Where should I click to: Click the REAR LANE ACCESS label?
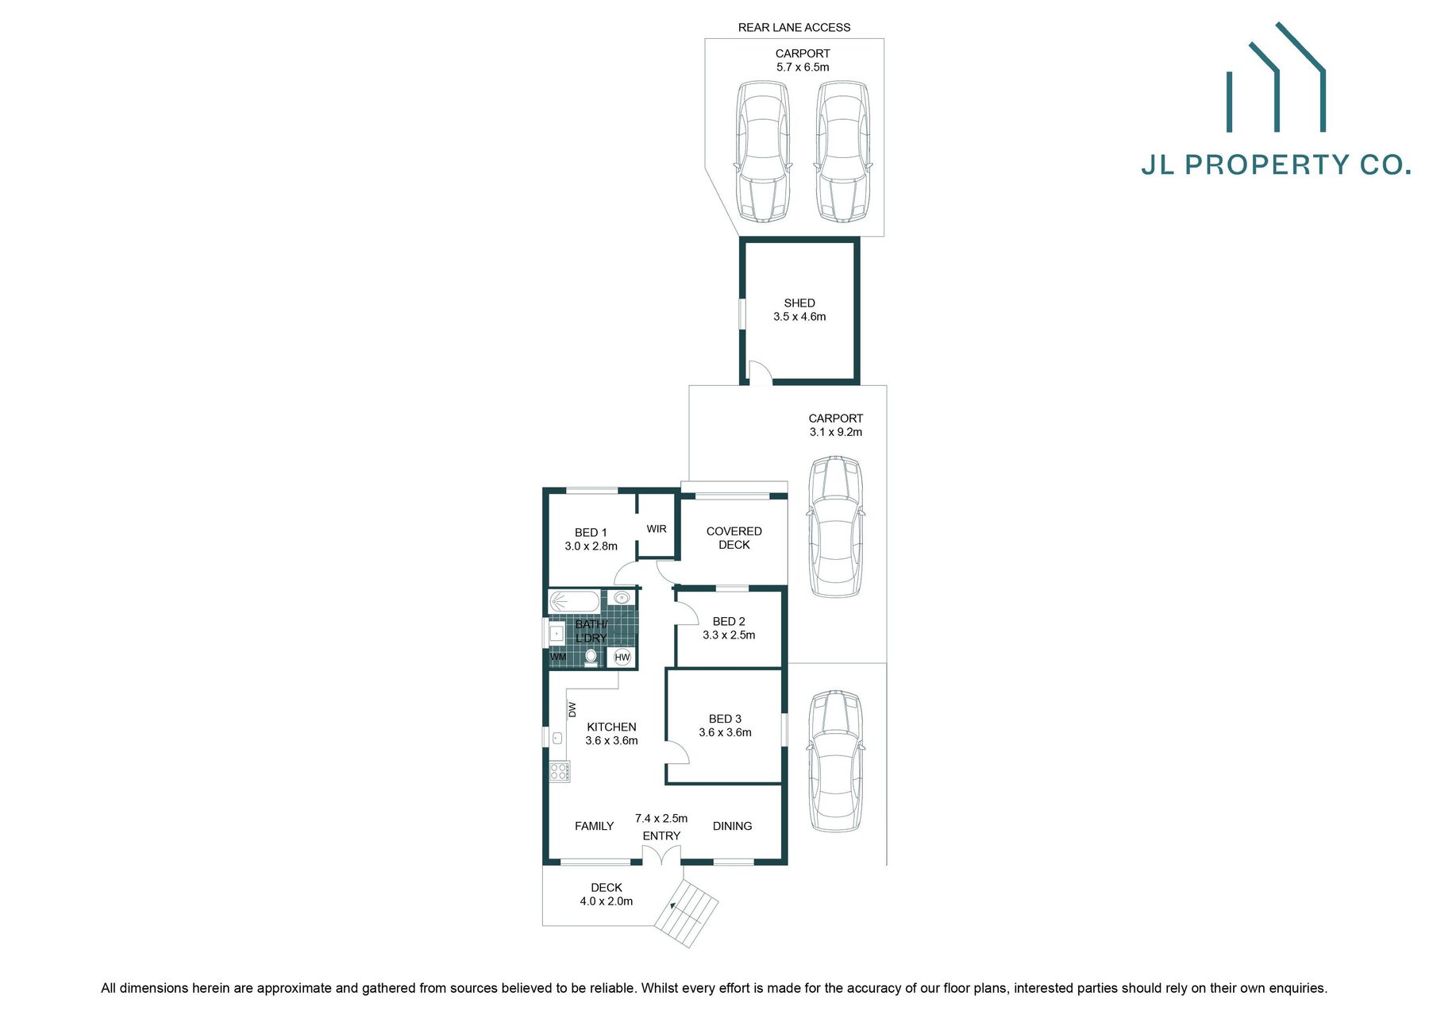794,27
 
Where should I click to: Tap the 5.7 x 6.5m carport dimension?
803,68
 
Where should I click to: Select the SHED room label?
799,303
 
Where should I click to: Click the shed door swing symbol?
761,374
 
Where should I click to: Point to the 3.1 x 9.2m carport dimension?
836,432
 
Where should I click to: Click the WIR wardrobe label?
657,529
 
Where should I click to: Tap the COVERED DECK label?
734,538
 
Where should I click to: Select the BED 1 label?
591,532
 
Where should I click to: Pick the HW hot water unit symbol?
622,657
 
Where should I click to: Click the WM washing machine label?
558,657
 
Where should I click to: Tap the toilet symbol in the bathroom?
591,656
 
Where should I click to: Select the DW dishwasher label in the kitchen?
572,709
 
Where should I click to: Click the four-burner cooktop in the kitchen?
559,770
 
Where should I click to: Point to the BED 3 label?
725,719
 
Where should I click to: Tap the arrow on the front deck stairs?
673,905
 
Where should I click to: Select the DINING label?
732,826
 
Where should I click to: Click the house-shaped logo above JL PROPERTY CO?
1276,79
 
